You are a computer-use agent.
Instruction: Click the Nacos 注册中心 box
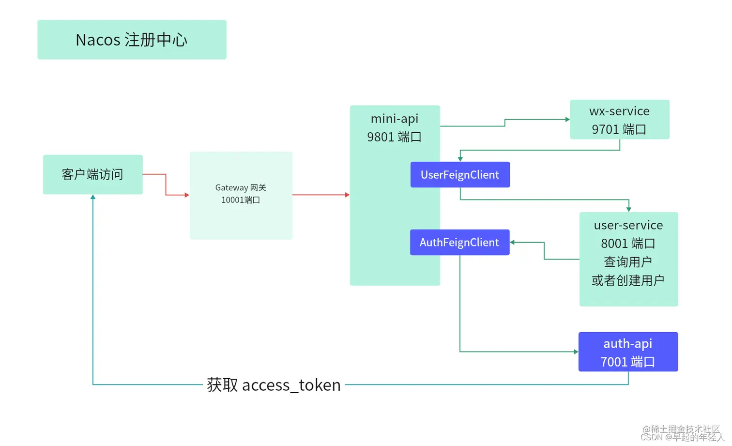pos(132,40)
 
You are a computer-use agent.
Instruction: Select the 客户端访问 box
pos(92,174)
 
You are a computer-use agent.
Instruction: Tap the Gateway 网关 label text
pos(241,187)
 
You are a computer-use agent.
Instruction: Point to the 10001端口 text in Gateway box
pos(241,200)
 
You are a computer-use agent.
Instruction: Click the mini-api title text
pos(394,119)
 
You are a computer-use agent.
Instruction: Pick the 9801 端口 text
pos(394,137)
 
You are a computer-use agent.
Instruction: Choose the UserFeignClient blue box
pos(460,175)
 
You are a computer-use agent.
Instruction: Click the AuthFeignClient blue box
pos(459,242)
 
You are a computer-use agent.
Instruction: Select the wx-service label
pos(619,111)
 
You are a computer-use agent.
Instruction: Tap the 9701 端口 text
pos(619,129)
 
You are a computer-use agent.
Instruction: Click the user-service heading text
pos(628,225)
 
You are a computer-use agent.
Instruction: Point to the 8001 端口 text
pos(628,243)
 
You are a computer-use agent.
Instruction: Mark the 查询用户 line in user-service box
pos(628,262)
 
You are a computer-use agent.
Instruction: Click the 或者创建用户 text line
pos(628,280)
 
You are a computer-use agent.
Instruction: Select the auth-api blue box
pos(628,352)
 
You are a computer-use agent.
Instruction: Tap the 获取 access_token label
pos(274,385)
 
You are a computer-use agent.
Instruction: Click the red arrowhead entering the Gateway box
pos(187,195)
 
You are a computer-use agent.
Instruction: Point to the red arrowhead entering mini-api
pos(347,195)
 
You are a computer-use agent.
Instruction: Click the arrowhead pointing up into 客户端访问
pos(93,197)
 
